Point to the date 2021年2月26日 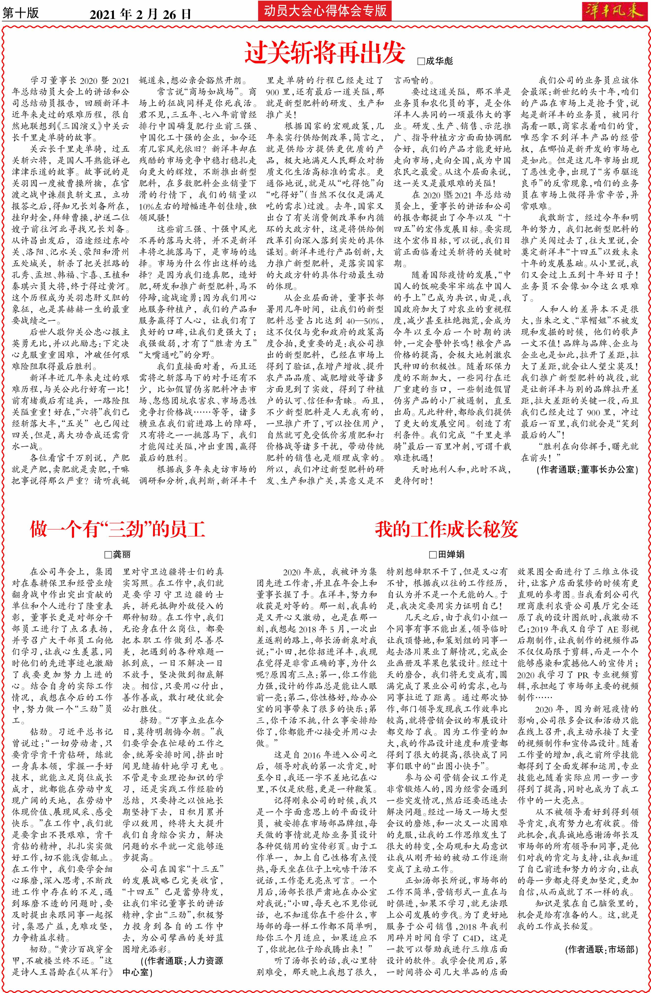pyautogui.click(x=141, y=14)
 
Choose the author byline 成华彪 pyautogui.click(x=438, y=61)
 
